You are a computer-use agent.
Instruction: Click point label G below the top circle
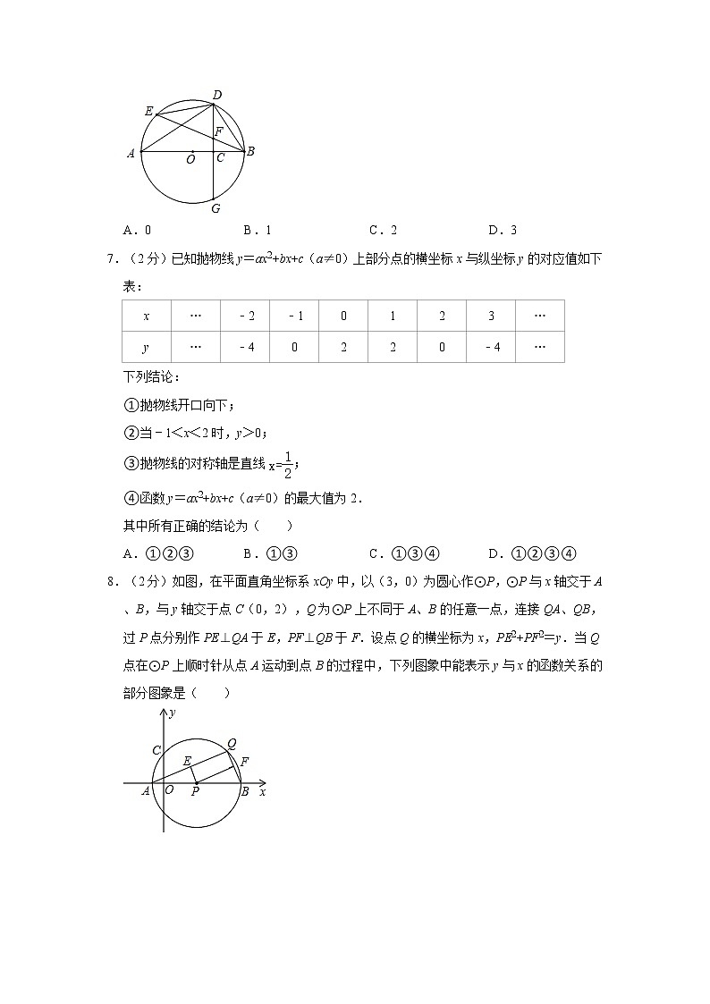pos(215,208)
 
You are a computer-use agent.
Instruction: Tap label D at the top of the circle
pos(216,95)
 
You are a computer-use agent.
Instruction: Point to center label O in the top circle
pos(190,161)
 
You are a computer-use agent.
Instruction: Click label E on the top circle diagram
pos(148,111)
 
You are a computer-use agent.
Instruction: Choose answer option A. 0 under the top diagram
pos(137,230)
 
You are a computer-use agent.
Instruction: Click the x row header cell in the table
pos(146,316)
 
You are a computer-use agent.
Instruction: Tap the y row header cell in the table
pos(146,347)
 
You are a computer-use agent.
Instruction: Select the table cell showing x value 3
pos(491,316)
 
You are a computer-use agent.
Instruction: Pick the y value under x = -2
pos(245,347)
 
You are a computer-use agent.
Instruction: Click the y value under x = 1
pos(393,347)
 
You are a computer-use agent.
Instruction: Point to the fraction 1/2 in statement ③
pos(287,464)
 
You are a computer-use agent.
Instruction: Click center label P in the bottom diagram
pos(195,792)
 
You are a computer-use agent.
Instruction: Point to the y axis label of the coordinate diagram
pos(173,713)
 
